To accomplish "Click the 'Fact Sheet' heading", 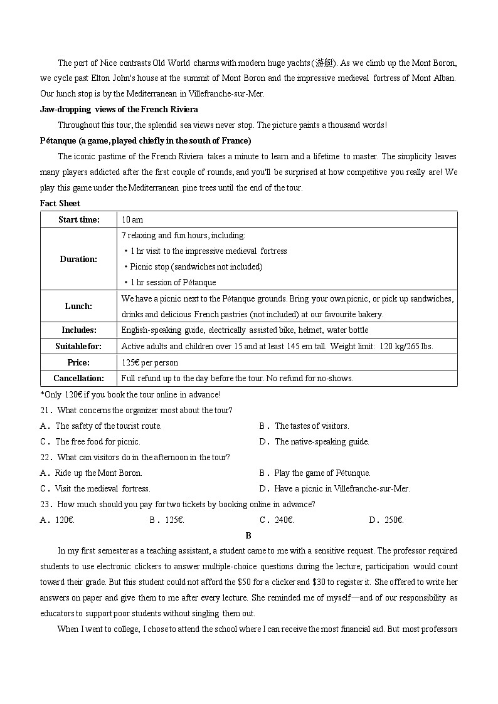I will (x=60, y=203).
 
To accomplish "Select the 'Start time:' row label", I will (x=78, y=219).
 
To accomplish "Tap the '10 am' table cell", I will (x=132, y=219).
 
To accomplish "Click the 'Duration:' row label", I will (x=78, y=259).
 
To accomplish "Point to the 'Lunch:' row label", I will (x=78, y=307).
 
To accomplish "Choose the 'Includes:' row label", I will (x=78, y=330).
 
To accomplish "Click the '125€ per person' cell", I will (x=150, y=362).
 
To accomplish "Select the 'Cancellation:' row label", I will (x=78, y=378).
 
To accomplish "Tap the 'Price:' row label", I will (x=78, y=362).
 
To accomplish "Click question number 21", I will (x=45, y=410).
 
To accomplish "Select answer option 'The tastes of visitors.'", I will (x=311, y=426).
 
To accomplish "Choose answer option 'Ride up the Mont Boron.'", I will (x=98, y=473).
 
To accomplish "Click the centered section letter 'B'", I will (x=248, y=535).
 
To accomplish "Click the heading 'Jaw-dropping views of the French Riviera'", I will (x=119, y=109).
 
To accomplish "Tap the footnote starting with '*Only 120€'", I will (x=130, y=394).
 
